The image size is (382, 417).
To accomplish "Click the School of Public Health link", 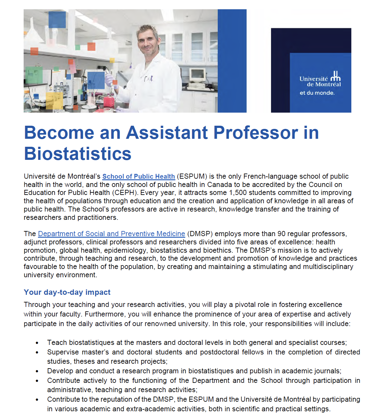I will pos(138,176).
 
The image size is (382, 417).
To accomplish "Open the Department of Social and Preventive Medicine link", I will pos(111,234).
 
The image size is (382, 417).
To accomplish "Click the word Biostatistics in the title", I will pos(78,154).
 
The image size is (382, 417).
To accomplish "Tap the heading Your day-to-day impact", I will pos(67,292).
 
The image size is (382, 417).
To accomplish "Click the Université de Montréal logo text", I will pos(320,81).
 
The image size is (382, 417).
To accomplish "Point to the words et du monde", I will pos(317,93).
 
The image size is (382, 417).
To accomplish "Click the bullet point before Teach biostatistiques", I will pos(37,343).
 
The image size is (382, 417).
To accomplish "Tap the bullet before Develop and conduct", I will pos(37,371).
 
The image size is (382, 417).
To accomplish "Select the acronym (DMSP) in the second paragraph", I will pos(200,234).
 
